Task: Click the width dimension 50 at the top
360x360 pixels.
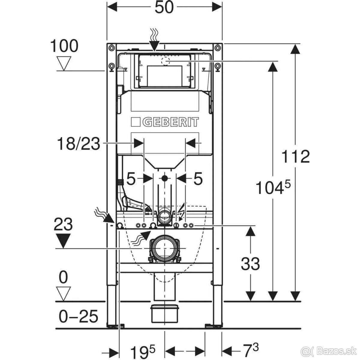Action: (x=164, y=7)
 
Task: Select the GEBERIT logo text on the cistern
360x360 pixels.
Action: (x=165, y=122)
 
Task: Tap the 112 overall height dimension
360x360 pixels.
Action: (x=295, y=157)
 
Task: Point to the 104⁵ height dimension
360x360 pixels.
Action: (x=273, y=188)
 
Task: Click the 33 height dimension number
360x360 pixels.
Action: (x=250, y=264)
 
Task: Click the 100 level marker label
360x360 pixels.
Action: (x=64, y=46)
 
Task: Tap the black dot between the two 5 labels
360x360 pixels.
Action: (x=164, y=178)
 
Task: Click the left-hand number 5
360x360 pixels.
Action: (x=131, y=179)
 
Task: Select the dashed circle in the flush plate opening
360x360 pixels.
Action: (x=165, y=61)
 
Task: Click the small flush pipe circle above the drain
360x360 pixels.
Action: (x=164, y=215)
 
